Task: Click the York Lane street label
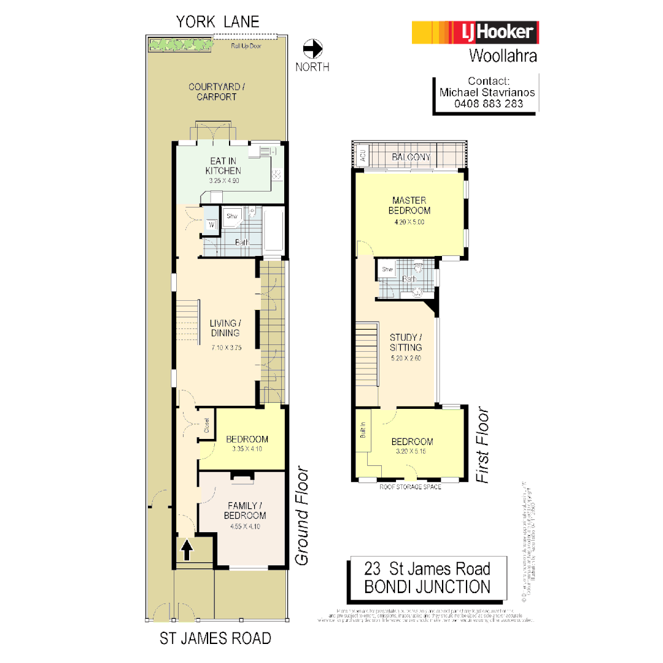[x=218, y=22]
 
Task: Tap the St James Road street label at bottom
[x=215, y=638]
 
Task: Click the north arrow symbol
[x=313, y=48]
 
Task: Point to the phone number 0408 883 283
[x=489, y=104]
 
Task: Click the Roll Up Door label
[x=246, y=46]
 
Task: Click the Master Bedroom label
[x=409, y=206]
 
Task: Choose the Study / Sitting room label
[x=406, y=342]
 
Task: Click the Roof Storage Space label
[x=410, y=487]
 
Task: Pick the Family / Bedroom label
[x=244, y=510]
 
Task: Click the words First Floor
[x=484, y=445]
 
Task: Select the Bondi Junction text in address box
[x=427, y=586]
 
